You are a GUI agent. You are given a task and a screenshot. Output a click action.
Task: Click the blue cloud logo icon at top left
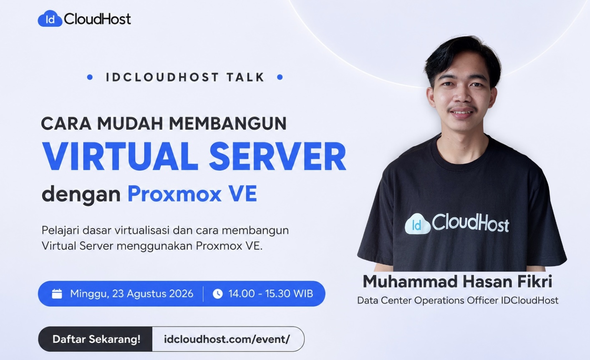(x=50, y=18)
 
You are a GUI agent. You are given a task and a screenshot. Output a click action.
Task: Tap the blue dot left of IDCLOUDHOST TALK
(x=90, y=77)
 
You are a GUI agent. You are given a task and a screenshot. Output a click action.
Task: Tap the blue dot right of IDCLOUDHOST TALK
(x=280, y=77)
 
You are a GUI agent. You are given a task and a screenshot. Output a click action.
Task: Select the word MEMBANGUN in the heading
(x=227, y=123)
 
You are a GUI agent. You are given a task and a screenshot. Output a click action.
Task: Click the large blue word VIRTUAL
(x=120, y=157)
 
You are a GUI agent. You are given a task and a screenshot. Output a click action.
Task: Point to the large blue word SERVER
(x=277, y=157)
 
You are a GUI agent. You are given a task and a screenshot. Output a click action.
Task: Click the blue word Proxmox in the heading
(x=174, y=194)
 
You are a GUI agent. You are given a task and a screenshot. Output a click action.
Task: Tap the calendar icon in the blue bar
(x=57, y=294)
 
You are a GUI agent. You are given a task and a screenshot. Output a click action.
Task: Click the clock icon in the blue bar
(x=217, y=294)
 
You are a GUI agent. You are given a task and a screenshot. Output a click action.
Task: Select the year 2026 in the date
(x=181, y=293)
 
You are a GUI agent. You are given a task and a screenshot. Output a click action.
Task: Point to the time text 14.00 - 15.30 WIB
(x=270, y=293)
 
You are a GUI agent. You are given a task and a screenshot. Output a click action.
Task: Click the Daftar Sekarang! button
(x=96, y=339)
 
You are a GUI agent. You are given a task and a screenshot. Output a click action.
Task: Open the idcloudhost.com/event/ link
(x=227, y=339)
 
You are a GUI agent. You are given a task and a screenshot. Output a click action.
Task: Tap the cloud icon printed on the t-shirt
(x=418, y=224)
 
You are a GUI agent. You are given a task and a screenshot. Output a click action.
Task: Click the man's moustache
(x=462, y=108)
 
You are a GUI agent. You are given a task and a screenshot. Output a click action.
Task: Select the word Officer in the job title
(x=482, y=300)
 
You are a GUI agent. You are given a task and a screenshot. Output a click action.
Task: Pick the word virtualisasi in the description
(x=142, y=230)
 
